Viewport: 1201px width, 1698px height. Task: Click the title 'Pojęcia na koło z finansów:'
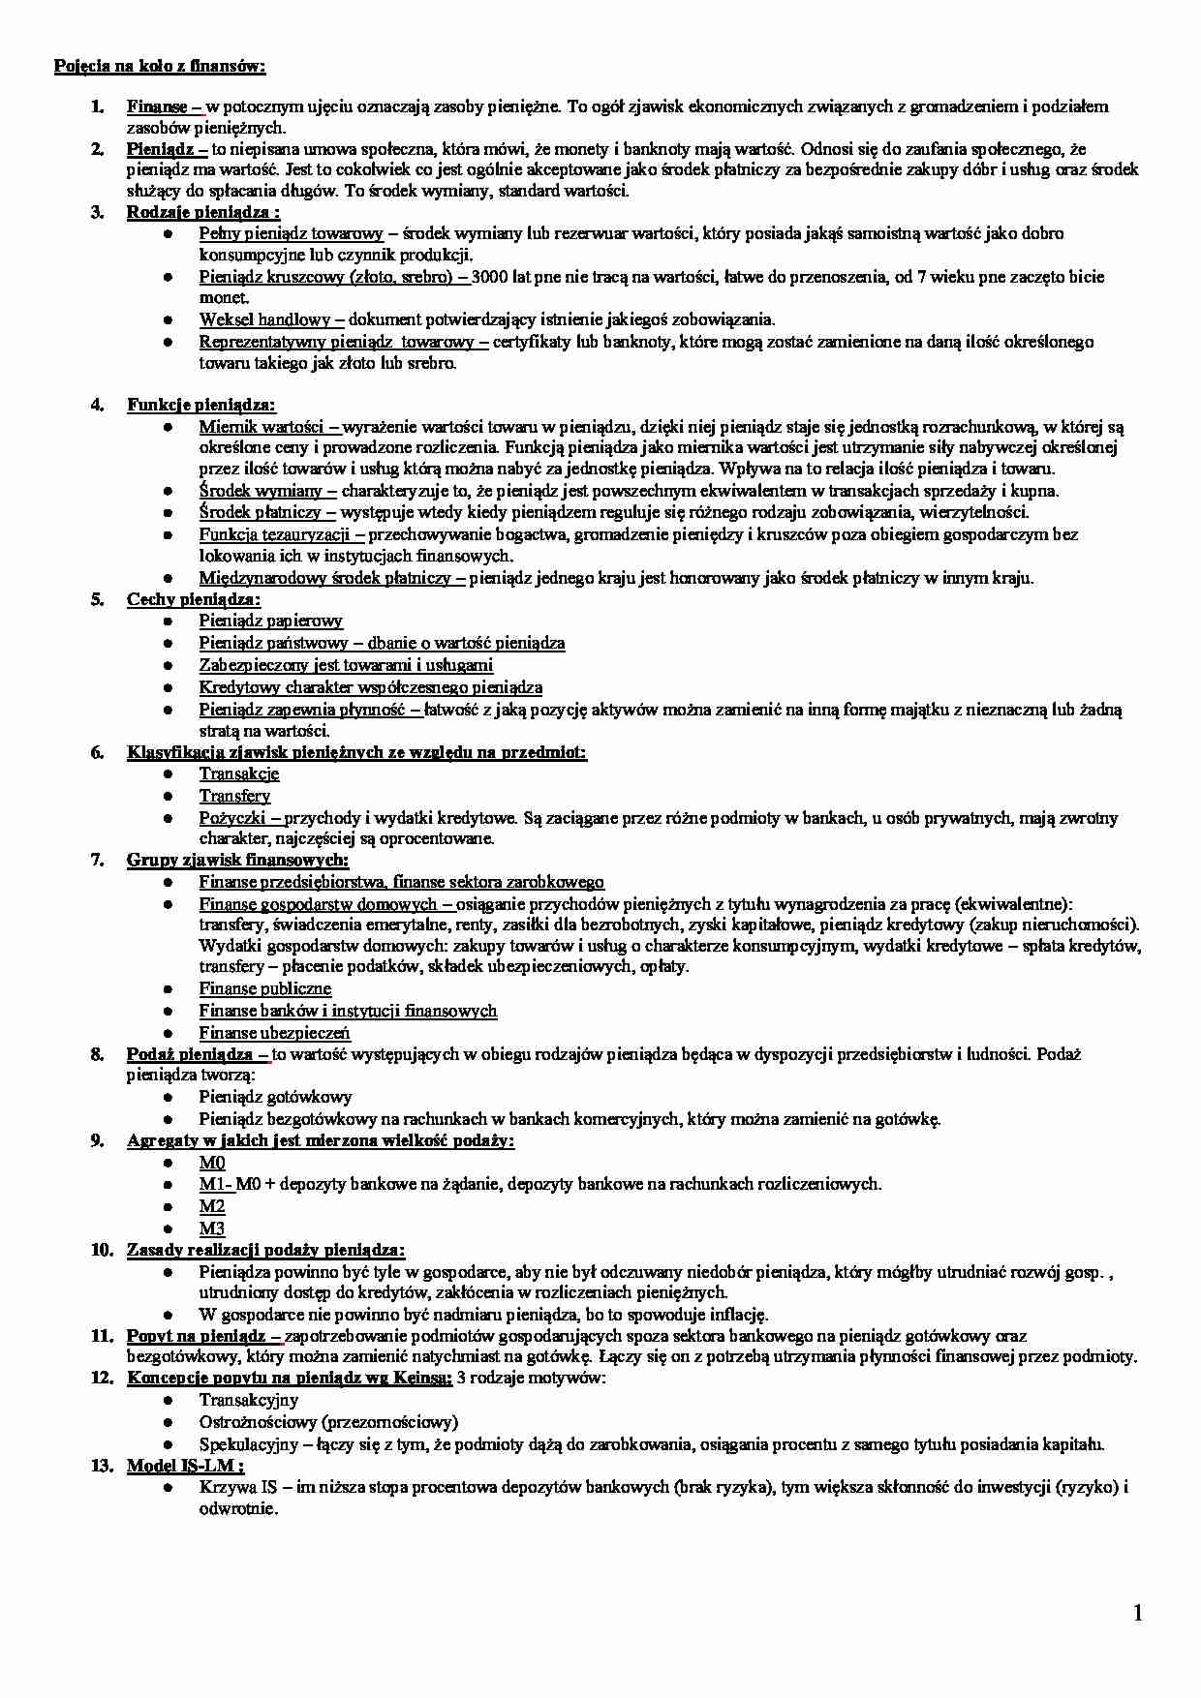pos(160,66)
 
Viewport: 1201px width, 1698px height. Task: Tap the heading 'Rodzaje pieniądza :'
pos(203,212)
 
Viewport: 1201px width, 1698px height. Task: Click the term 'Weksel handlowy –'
pos(271,319)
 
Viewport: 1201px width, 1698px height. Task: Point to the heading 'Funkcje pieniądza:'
pos(201,405)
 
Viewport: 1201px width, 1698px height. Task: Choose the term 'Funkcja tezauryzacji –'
pos(282,534)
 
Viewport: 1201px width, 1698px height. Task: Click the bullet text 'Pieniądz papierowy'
pos(271,621)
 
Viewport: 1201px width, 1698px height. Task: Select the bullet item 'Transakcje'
pos(239,773)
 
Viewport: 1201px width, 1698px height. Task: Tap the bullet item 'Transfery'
pos(235,796)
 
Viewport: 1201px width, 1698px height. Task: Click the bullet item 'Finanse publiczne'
pos(265,988)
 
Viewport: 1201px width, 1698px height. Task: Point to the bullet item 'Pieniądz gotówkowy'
pos(276,1097)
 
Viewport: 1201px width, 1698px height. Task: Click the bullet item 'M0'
pos(212,1163)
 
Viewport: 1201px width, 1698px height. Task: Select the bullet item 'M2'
pos(212,1206)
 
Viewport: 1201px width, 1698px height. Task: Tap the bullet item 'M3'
pos(212,1228)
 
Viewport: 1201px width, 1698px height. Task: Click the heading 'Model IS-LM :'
pos(186,1466)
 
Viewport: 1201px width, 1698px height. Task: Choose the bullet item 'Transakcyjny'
pos(249,1400)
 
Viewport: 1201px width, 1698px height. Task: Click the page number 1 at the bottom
pos(1138,1613)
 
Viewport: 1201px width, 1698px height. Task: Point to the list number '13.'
pos(103,1466)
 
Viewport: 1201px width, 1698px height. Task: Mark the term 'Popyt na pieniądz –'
pos(204,1336)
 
